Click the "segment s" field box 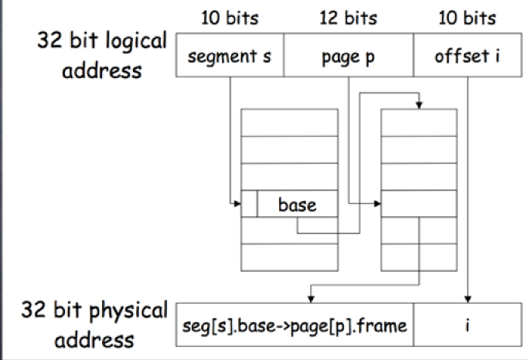[x=230, y=56]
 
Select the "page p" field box [x=348, y=56]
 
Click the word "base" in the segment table [x=298, y=205]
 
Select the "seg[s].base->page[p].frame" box [x=295, y=324]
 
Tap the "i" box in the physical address [x=468, y=324]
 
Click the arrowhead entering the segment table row [x=237, y=204]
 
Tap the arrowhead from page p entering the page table [x=379, y=204]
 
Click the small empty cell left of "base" [x=249, y=204]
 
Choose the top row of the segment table [x=289, y=123]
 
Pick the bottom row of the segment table [x=289, y=256]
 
